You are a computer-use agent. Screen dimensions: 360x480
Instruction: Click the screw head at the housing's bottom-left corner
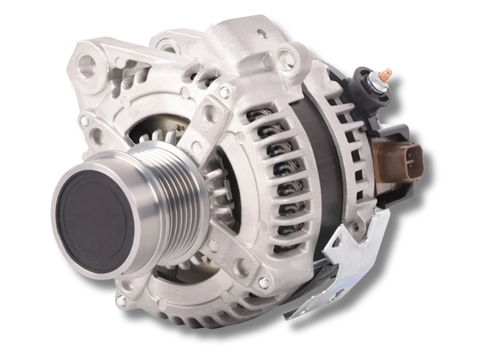[x=121, y=300]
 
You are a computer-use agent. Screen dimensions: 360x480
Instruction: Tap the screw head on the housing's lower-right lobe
[x=263, y=283]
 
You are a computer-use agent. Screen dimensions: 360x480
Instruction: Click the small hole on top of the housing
[x=261, y=34]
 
